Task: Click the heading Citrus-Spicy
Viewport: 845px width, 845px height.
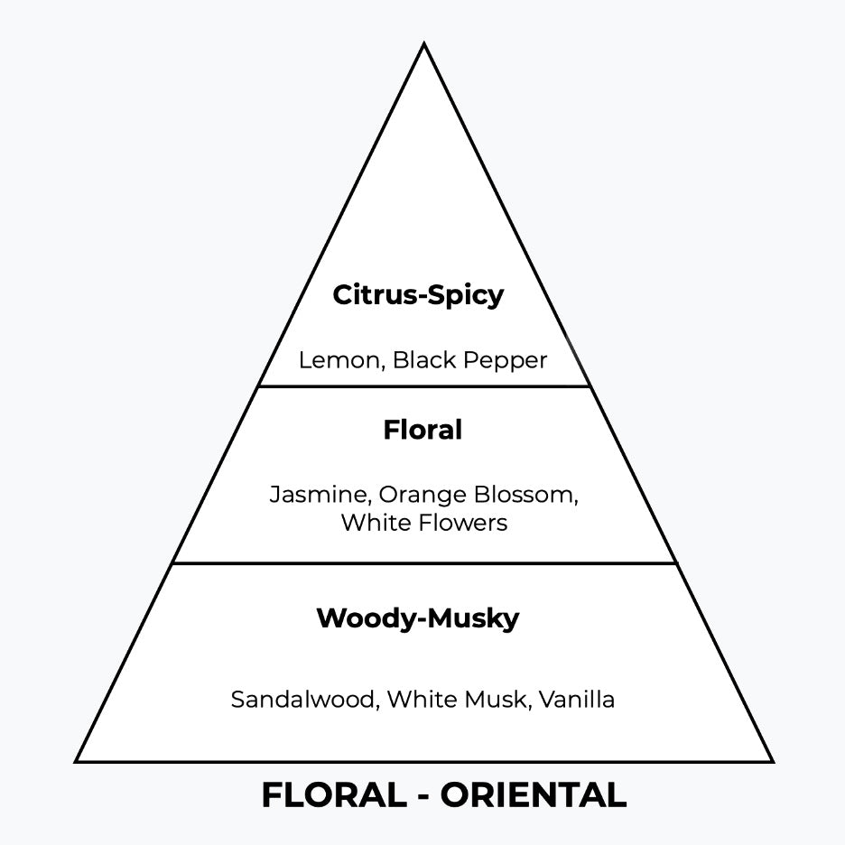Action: click(x=418, y=295)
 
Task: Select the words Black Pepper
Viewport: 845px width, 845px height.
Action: click(x=469, y=360)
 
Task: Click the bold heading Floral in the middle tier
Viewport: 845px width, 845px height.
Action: click(x=422, y=430)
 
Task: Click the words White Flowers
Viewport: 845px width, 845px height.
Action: click(x=423, y=522)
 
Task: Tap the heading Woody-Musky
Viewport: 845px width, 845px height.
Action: click(x=418, y=618)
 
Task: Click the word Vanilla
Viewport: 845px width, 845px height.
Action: click(x=577, y=699)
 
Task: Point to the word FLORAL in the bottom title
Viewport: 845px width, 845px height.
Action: click(x=334, y=795)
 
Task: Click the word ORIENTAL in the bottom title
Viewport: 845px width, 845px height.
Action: click(x=534, y=795)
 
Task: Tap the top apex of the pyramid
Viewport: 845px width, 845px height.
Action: click(x=423, y=45)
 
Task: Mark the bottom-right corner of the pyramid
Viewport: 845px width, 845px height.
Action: click(x=771, y=761)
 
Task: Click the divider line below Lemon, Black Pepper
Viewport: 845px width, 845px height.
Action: click(x=423, y=386)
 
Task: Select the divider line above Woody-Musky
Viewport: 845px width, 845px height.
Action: click(x=423, y=563)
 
